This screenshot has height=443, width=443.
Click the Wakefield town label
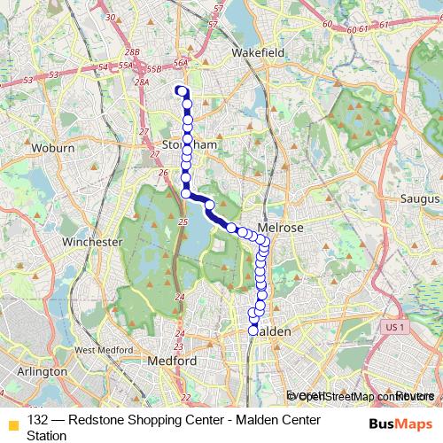click(258, 53)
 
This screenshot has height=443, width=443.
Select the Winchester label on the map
click(92, 241)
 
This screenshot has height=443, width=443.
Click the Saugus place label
click(415, 198)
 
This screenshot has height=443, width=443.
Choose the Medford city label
click(173, 361)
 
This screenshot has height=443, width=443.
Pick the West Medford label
click(97, 350)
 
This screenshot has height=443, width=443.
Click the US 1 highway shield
click(395, 327)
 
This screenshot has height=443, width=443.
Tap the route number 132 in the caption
click(38, 419)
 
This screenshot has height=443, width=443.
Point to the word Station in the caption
click(49, 435)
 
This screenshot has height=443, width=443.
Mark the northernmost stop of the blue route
click(181, 90)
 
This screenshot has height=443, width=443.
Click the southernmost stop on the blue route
click(254, 330)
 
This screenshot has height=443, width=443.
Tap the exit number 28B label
click(132, 53)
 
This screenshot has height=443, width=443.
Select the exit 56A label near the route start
click(182, 63)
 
